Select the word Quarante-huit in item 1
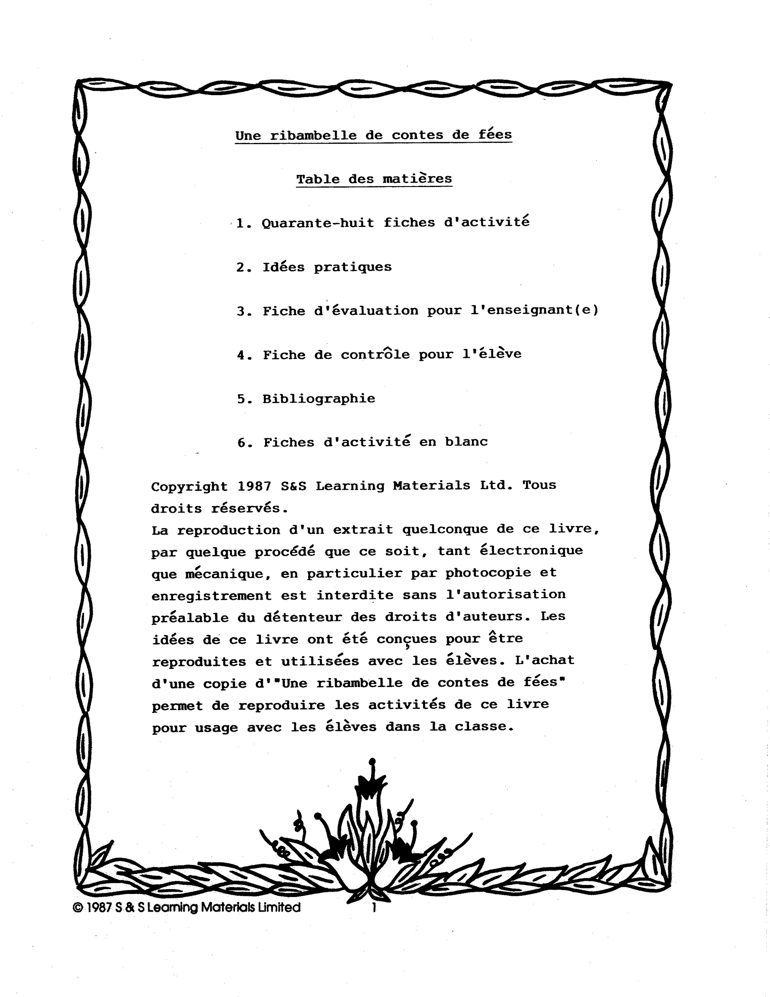(318, 223)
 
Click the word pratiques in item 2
(352, 267)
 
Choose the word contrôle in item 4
(375, 354)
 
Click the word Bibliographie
(318, 398)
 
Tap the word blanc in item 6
(466, 442)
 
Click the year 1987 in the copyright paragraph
(254, 486)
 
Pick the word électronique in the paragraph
(531, 550)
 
